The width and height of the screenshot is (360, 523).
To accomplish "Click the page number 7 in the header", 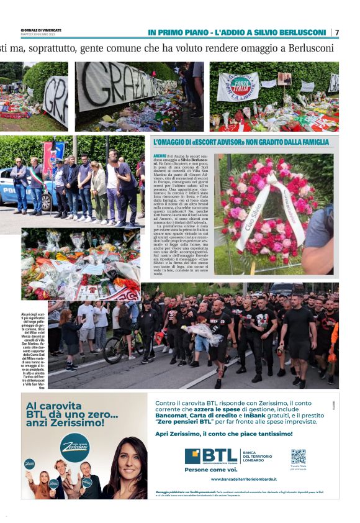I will click(337, 32).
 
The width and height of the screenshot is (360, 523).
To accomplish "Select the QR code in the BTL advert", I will click(299, 457).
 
